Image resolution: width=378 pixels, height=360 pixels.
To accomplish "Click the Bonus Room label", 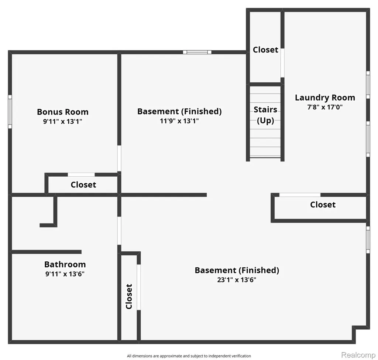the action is (63, 112).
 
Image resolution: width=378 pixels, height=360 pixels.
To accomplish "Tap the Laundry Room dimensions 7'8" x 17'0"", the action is (325, 107).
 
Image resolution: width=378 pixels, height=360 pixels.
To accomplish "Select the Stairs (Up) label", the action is (265, 115).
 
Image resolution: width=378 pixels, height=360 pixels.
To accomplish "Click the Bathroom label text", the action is (65, 264).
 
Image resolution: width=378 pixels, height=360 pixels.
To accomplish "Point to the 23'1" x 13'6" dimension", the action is (237, 280).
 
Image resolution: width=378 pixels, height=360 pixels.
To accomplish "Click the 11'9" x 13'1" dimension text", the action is (179, 121).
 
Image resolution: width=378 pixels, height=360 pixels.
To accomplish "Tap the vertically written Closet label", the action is (129, 296).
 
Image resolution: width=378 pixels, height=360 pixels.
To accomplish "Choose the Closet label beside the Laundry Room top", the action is (265, 50).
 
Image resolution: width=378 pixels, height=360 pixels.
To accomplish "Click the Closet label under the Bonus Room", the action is (83, 185).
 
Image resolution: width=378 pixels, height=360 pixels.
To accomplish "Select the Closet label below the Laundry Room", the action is (323, 205).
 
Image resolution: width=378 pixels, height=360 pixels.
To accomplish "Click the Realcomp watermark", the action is (358, 355).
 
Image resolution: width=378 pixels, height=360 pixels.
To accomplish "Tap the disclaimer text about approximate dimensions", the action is (189, 356).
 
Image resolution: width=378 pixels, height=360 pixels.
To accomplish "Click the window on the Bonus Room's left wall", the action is (10, 112).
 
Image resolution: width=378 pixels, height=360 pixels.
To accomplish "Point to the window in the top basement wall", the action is (197, 52).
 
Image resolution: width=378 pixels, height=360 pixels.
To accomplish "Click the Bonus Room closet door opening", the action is (81, 174).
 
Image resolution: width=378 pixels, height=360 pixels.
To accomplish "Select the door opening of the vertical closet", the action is (139, 287).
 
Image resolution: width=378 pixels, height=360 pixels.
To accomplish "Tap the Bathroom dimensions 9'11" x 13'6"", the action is (65, 274).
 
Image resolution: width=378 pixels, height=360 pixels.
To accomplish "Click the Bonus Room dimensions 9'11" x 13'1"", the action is (63, 122).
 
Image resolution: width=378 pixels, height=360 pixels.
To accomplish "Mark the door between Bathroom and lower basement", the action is (119, 231).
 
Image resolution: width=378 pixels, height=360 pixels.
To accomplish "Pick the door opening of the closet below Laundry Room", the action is (300, 195).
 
